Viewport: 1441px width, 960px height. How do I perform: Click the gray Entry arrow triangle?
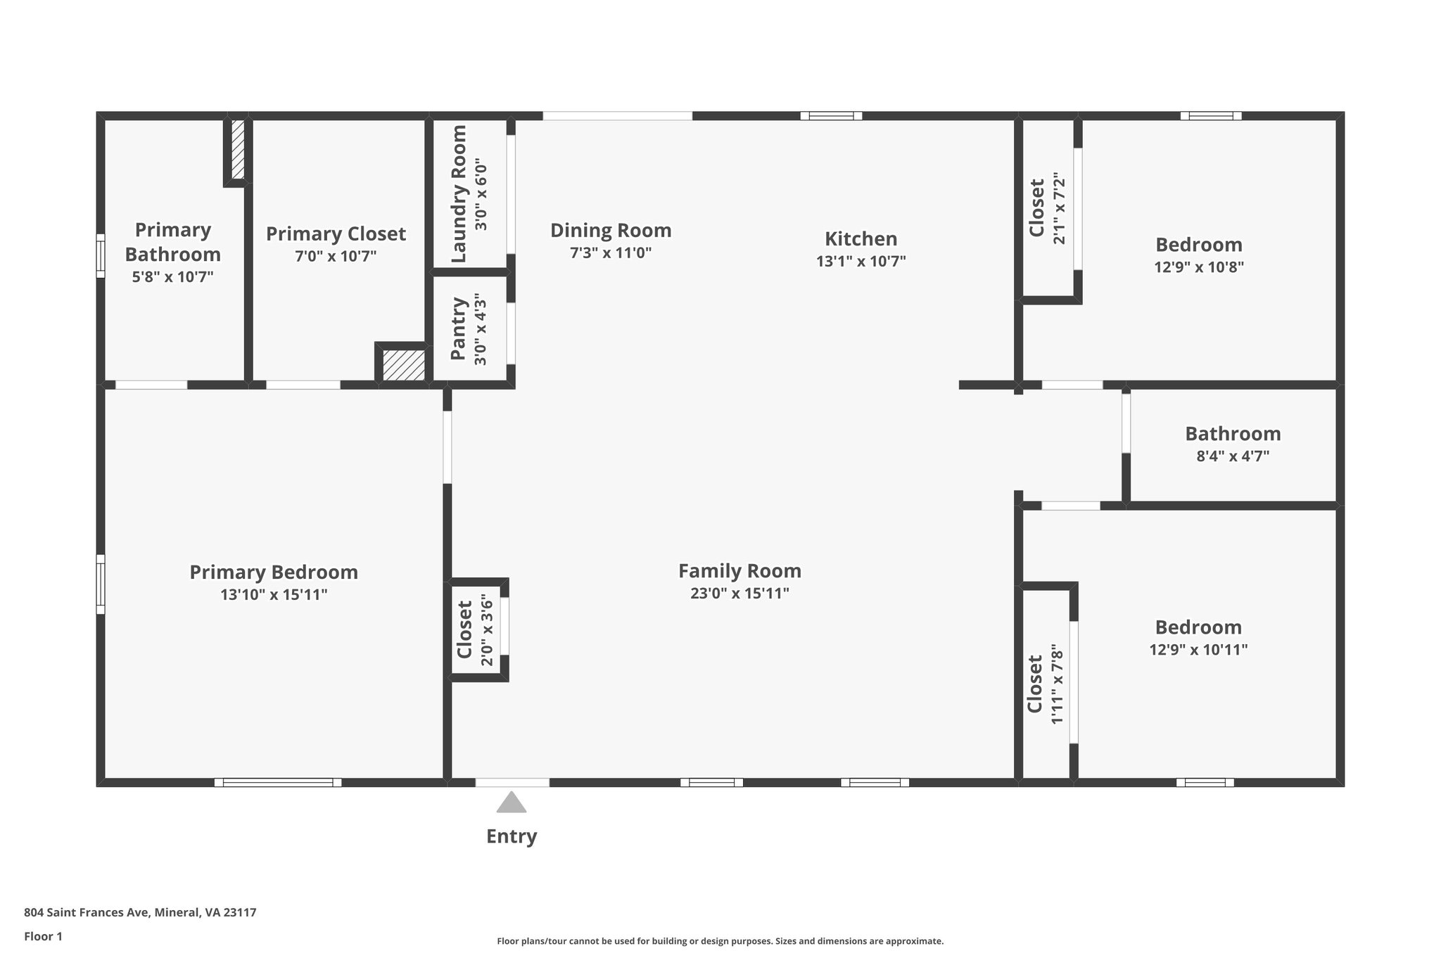coord(512,803)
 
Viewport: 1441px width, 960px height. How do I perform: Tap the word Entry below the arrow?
coord(512,836)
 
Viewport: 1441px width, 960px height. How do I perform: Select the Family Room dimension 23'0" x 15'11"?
coord(739,594)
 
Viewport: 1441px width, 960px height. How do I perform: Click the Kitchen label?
coord(861,238)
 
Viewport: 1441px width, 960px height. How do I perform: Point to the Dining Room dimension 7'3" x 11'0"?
coord(611,253)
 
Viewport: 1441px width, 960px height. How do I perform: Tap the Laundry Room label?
coord(459,193)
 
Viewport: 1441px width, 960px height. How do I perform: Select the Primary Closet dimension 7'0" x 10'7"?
coord(336,256)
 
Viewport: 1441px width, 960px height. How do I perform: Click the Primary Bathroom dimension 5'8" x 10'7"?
coord(172,277)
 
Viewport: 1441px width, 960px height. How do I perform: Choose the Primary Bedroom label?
coord(274,572)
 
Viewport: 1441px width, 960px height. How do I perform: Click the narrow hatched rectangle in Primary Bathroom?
coord(238,149)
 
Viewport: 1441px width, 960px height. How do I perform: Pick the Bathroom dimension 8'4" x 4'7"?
coord(1233,456)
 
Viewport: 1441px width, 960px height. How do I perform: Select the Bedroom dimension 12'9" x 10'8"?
coord(1199,267)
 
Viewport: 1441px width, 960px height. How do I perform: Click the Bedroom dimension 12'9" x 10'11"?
coord(1198,650)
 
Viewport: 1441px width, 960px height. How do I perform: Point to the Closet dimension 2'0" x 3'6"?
coord(486,630)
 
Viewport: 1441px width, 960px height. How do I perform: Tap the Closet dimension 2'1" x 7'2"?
coord(1059,208)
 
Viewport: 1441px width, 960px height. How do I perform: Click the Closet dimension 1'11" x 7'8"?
coord(1057,684)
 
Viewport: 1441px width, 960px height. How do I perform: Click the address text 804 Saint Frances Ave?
coord(86,913)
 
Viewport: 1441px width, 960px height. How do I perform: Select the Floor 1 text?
coord(43,937)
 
